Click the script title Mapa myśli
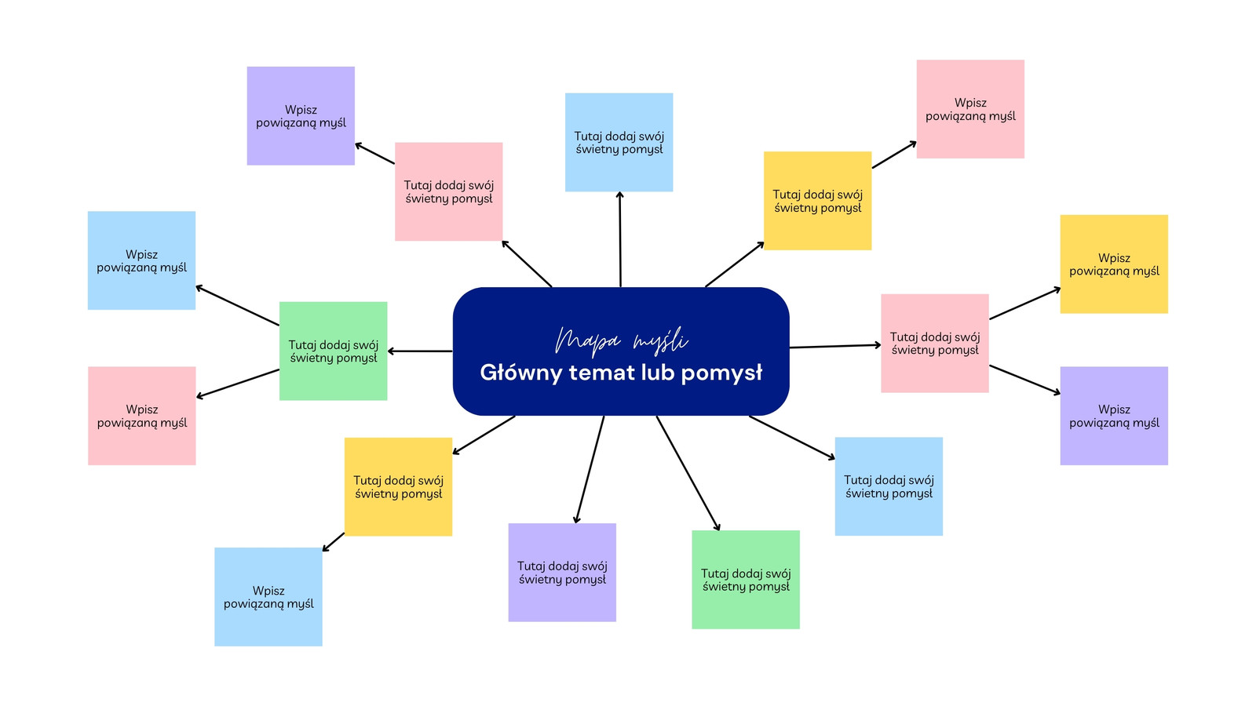pos(621,340)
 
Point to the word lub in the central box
pos(660,372)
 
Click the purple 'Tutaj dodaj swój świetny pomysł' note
pos(562,572)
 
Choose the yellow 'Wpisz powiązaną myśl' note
pos(1114,264)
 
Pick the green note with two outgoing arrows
pos(333,351)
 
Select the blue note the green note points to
pos(141,260)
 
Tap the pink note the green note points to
pos(142,416)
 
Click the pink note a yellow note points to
pos(970,109)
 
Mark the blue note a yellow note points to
pos(268,597)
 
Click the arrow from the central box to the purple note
pos(590,470)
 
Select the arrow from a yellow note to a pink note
pos(894,155)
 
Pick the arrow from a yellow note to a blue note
pos(333,542)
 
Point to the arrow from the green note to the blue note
pos(237,305)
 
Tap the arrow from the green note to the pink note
pos(238,384)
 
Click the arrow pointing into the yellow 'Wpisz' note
pos(1025,303)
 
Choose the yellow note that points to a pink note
pos(817,201)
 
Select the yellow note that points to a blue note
pos(398,486)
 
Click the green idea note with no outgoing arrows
pos(745,580)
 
